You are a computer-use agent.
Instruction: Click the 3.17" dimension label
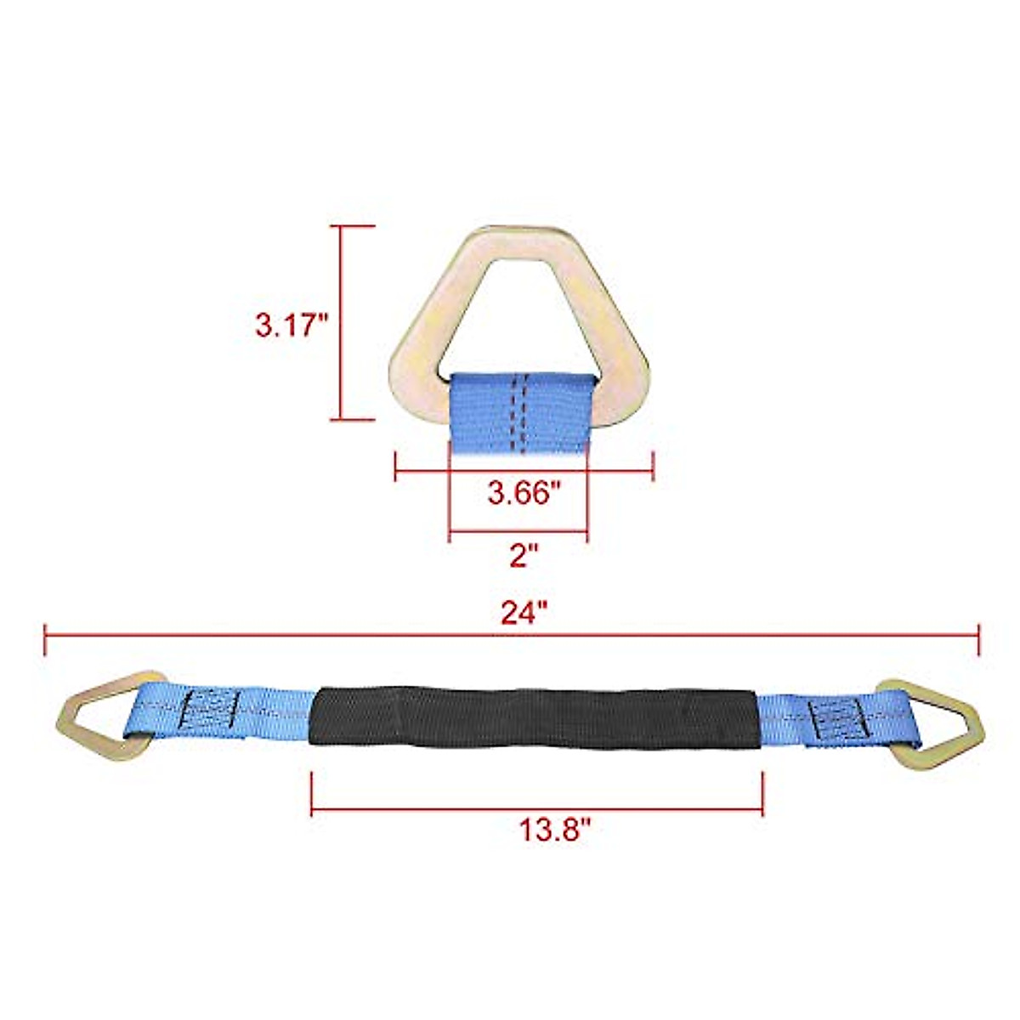pos(292,325)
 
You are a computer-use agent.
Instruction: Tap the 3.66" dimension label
pos(524,492)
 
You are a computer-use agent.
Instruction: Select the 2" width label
pos(524,557)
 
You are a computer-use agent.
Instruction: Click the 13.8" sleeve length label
pos(555,828)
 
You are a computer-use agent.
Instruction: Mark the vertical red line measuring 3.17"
pos(341,323)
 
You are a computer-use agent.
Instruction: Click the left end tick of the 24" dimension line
pos(45,639)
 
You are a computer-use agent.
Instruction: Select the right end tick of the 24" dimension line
pos(979,639)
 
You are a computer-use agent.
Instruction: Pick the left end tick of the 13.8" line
pos(312,793)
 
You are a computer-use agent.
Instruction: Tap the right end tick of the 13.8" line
pos(762,793)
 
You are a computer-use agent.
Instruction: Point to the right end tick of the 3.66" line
pos(652,467)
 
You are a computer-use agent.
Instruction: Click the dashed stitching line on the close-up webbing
pos(518,412)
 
